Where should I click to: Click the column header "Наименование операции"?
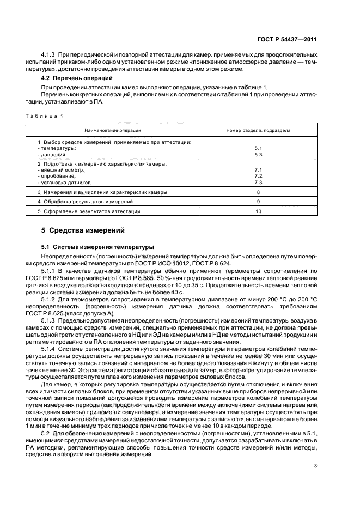(x=112, y=131)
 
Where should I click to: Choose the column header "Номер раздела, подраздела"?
(x=258, y=131)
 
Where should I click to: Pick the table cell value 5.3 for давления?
(x=258, y=154)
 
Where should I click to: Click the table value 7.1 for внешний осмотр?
(x=258, y=170)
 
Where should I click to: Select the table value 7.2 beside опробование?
(x=258, y=176)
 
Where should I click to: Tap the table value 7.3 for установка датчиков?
(x=258, y=183)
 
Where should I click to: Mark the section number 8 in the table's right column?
(x=258, y=192)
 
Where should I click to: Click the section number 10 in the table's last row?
(x=258, y=211)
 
